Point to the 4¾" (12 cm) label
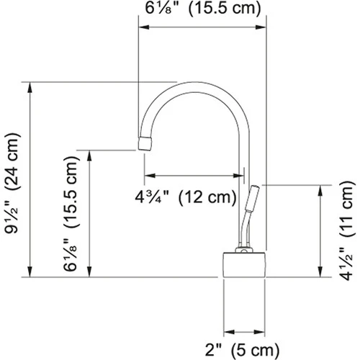[x=185, y=195]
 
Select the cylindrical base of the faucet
[x=246, y=265]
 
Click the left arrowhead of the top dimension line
[x=142, y=28]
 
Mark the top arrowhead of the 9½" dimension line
[x=30, y=86]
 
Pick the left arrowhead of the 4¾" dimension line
[x=148, y=175]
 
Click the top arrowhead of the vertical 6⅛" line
[x=90, y=153]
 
